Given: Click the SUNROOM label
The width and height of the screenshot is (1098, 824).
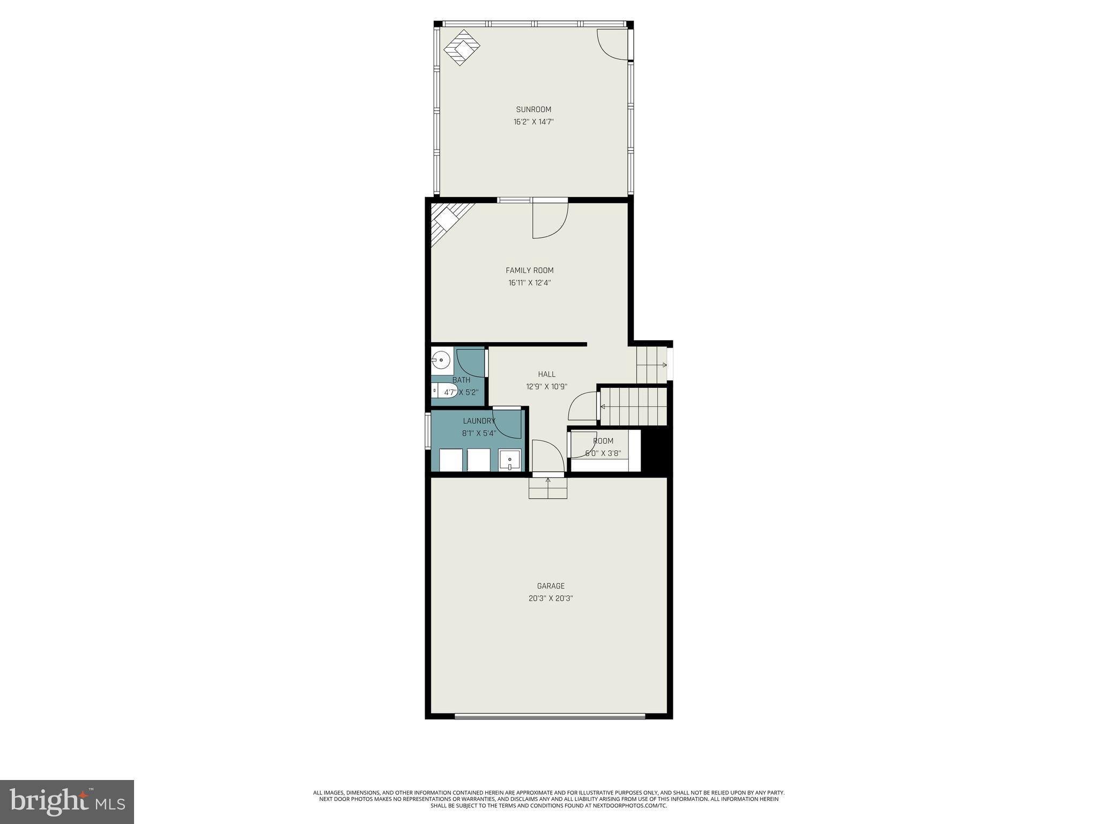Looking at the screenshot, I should click(533, 109).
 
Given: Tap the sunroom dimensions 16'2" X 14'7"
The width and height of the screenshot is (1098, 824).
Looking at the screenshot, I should click(533, 122).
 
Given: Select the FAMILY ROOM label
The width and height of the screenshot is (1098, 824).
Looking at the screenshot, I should click(530, 270).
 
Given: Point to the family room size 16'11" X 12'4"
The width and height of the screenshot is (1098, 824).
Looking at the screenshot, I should click(530, 283).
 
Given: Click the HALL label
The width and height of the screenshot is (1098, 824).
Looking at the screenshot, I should click(547, 374).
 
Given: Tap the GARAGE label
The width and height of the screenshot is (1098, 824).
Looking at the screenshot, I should click(551, 586).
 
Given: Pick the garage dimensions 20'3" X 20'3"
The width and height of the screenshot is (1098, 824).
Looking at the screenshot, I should click(551, 598).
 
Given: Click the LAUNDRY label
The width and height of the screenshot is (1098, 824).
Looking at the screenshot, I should click(479, 421).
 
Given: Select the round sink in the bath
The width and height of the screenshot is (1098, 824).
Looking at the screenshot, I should click(441, 359).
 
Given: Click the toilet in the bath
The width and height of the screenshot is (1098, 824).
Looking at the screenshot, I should click(443, 391).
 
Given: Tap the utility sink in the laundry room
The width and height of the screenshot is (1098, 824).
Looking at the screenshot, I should click(509, 460).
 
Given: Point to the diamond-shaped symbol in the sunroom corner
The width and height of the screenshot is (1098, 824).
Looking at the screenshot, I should click(461, 47).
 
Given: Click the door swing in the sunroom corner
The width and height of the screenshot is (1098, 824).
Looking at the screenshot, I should click(612, 44).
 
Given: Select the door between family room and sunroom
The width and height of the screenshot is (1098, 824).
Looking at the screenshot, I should click(549, 219).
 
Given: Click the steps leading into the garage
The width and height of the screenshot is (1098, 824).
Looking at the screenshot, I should click(547, 488).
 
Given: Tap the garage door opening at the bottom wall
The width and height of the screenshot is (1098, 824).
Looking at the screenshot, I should click(550, 716).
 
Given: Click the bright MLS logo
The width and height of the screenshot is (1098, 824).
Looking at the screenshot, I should click(66, 801).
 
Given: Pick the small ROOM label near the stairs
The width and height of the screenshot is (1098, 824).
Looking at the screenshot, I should click(603, 441).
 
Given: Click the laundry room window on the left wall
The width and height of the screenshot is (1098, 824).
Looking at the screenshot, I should click(428, 430).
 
